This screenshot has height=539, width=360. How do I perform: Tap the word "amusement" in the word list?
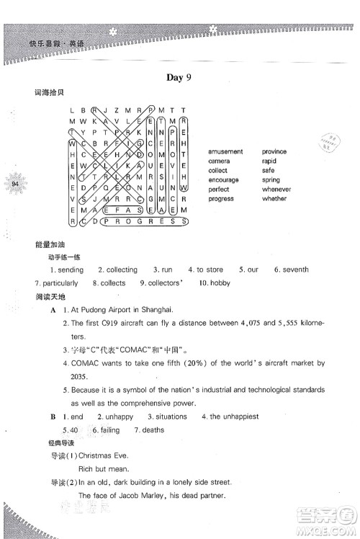225,152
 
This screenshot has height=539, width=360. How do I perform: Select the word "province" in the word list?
274,152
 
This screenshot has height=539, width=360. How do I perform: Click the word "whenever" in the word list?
277,190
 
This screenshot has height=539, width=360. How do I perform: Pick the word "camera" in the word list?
219,161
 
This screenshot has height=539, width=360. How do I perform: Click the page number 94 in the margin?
15,184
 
